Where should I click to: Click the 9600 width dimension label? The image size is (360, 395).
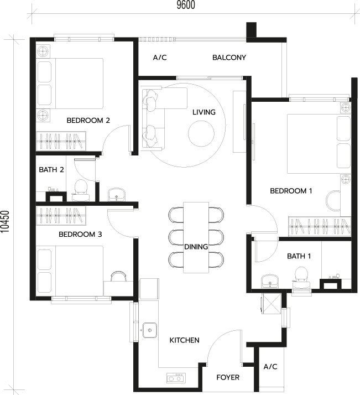(x=186, y=5)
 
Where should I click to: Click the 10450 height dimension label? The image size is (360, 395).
(x=5, y=222)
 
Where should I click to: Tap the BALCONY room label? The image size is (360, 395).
(x=229, y=58)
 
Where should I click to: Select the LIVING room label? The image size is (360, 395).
(x=204, y=112)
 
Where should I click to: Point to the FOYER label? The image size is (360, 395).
(x=228, y=377)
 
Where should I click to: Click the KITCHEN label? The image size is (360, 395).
(x=184, y=340)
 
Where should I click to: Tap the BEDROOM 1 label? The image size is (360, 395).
(x=291, y=191)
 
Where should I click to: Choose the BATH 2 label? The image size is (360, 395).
(x=51, y=170)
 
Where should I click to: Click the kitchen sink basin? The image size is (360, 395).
(x=150, y=330)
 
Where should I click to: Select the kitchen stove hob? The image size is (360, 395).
(x=176, y=378)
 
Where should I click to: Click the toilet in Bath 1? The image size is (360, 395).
(x=301, y=278)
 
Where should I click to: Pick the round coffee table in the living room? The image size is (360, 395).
(x=201, y=133)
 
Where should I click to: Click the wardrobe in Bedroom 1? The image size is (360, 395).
(x=320, y=226)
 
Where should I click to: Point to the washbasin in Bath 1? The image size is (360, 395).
(x=270, y=281)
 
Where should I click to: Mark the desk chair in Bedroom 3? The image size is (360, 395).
(x=118, y=276)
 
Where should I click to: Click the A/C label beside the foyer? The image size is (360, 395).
(x=270, y=367)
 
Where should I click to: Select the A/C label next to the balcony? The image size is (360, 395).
(x=160, y=58)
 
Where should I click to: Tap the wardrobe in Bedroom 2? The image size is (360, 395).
(x=61, y=141)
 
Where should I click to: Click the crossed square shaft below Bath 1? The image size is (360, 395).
(x=271, y=303)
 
